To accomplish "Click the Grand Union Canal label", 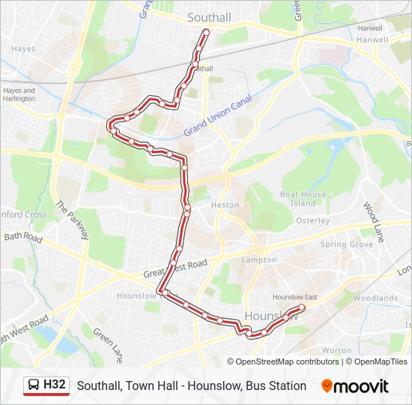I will [x=222, y=117].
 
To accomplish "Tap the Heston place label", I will [x=225, y=205].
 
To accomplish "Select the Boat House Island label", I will [x=303, y=199].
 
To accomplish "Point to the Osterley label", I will [x=312, y=220].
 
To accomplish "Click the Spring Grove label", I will [x=346, y=244].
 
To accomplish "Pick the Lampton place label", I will [x=259, y=260].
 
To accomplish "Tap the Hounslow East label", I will [x=294, y=297].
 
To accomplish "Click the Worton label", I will [x=336, y=350].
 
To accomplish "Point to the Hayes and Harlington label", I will [x=19, y=94].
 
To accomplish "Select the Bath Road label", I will [x=24, y=236].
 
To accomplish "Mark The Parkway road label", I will [x=72, y=223].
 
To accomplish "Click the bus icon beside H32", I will [x=34, y=385].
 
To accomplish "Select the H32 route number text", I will [x=55, y=385].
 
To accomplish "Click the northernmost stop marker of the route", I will [x=206, y=32].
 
